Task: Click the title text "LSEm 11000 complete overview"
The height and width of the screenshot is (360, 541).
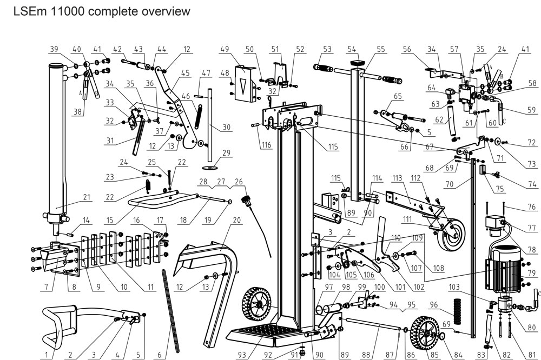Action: pyautogui.click(x=102, y=11)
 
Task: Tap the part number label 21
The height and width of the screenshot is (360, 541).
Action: pyautogui.click(x=86, y=197)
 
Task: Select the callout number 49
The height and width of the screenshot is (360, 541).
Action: pyautogui.click(x=225, y=49)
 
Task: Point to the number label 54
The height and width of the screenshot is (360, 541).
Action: pyautogui.click(x=352, y=49)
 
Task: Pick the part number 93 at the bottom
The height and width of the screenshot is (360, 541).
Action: pyautogui.click(x=242, y=355)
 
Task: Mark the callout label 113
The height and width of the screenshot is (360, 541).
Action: pyautogui.click(x=397, y=178)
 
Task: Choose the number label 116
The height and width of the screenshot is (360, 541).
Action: pyautogui.click(x=266, y=145)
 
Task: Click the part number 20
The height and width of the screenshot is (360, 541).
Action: pyautogui.click(x=236, y=220)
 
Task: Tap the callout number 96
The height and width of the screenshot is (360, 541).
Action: pyautogui.click(x=433, y=305)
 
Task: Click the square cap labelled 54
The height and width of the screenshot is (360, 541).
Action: pyautogui.click(x=357, y=63)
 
